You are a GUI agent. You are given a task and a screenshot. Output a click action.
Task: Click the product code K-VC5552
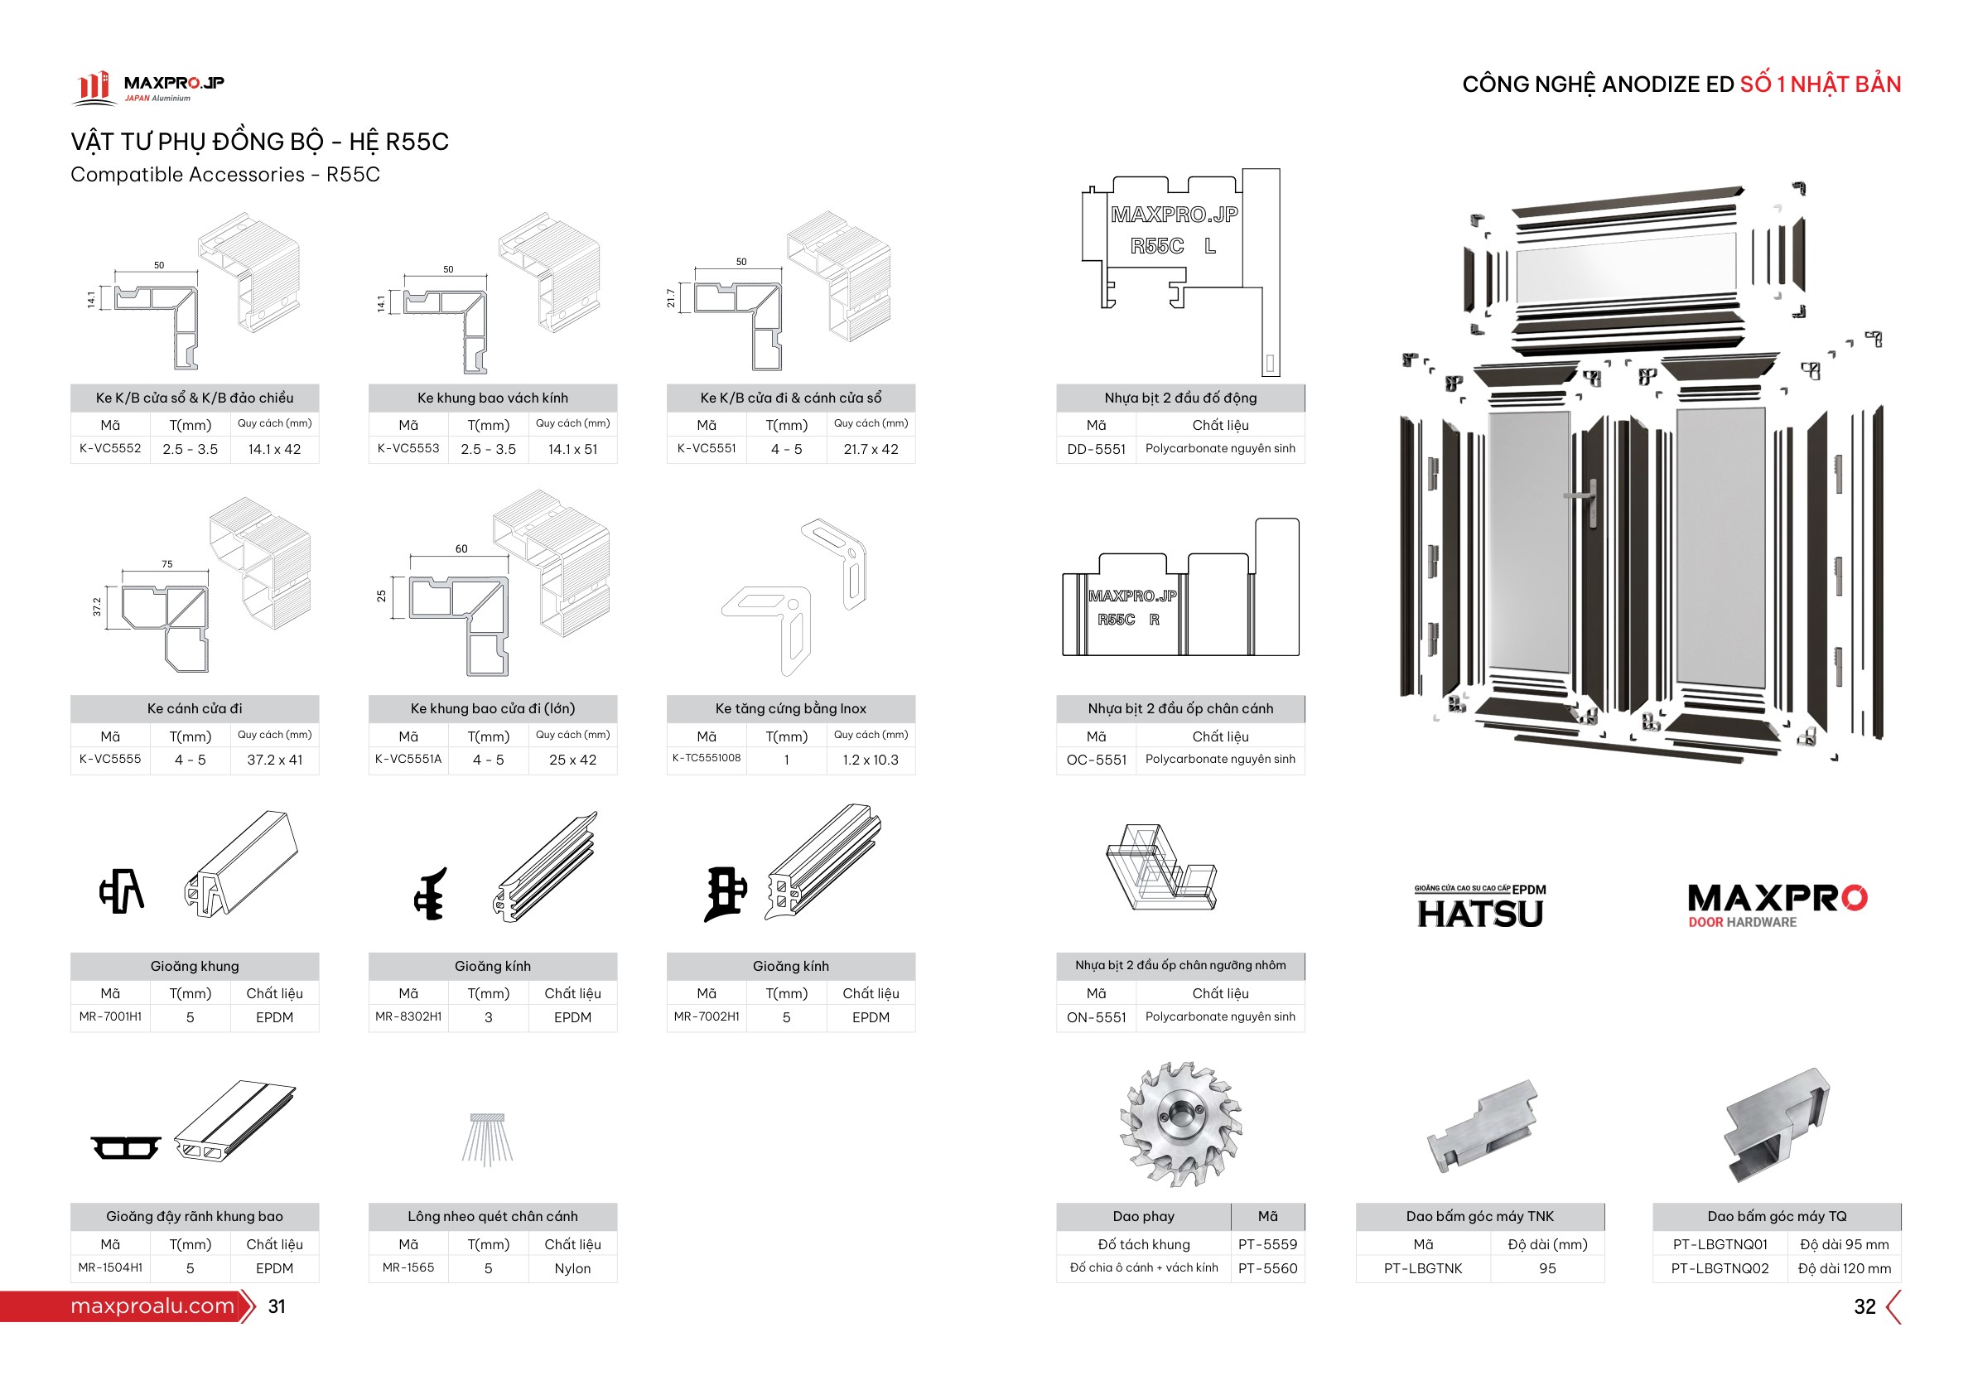(x=110, y=449)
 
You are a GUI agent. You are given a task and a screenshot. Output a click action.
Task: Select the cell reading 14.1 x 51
(x=572, y=450)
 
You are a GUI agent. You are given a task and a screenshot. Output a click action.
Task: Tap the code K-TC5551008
(x=707, y=758)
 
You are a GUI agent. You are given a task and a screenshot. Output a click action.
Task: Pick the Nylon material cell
(x=572, y=1268)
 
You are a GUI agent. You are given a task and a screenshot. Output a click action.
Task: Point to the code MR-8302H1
(x=408, y=1016)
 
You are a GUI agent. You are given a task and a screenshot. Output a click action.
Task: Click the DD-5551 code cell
(x=1097, y=449)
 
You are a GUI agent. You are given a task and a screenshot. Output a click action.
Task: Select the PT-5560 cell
(x=1267, y=1268)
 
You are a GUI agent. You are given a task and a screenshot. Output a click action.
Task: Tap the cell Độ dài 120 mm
(x=1844, y=1268)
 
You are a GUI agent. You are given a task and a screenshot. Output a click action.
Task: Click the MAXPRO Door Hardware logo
(x=1777, y=906)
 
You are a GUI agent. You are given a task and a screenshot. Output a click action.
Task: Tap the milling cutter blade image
(x=1182, y=1124)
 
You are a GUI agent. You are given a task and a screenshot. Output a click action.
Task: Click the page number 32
(x=1864, y=1307)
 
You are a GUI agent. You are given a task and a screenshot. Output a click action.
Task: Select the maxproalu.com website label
(x=152, y=1306)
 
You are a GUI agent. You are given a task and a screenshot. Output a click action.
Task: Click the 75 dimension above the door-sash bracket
(x=166, y=565)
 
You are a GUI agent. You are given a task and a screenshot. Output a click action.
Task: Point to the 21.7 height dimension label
(x=671, y=298)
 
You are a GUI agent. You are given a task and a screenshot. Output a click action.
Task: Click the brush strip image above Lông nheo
(x=488, y=1140)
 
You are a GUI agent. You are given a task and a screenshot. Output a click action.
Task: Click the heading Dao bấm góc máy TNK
(x=1479, y=1217)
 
